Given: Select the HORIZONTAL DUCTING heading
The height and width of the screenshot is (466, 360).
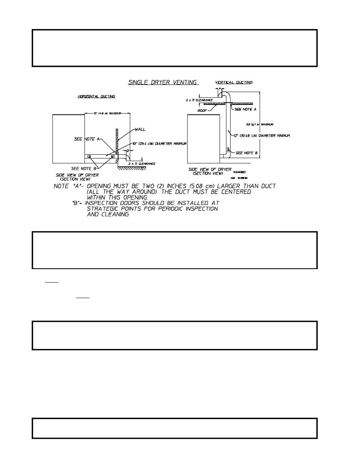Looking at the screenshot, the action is coord(96,97).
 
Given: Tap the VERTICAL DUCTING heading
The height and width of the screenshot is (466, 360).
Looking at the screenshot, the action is coord(234,82).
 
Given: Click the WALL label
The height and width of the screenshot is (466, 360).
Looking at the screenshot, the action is coord(140,129).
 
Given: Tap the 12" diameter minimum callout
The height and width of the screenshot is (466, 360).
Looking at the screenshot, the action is coord(262,136).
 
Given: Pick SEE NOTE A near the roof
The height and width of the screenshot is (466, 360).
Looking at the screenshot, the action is coord(245,109).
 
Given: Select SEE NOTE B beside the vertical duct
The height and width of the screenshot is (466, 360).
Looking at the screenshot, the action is coord(246,153).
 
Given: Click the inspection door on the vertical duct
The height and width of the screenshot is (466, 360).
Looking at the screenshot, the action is coord(228,149).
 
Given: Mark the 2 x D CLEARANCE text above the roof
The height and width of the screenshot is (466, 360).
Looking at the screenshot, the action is coord(199,100).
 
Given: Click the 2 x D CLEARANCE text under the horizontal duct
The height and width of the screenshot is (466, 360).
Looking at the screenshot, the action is coord(142,164).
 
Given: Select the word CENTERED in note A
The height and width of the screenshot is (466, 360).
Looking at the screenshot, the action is coord(233,192).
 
